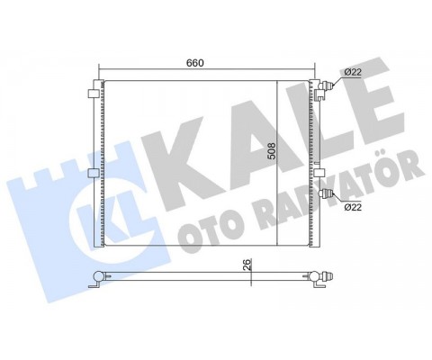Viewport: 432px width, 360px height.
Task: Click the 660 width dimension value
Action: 195,63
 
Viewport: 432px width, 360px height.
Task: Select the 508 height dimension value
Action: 271,151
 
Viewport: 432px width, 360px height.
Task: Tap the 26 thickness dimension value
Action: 247,265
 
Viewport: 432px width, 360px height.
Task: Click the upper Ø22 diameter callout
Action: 353,72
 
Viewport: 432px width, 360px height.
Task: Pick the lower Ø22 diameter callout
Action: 353,207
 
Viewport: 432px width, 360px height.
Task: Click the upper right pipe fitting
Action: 327,86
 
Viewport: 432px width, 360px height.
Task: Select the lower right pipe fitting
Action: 327,193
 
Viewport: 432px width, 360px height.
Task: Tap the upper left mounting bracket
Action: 93,94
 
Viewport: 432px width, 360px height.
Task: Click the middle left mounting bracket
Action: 93,173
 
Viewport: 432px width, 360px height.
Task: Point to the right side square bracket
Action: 319,173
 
